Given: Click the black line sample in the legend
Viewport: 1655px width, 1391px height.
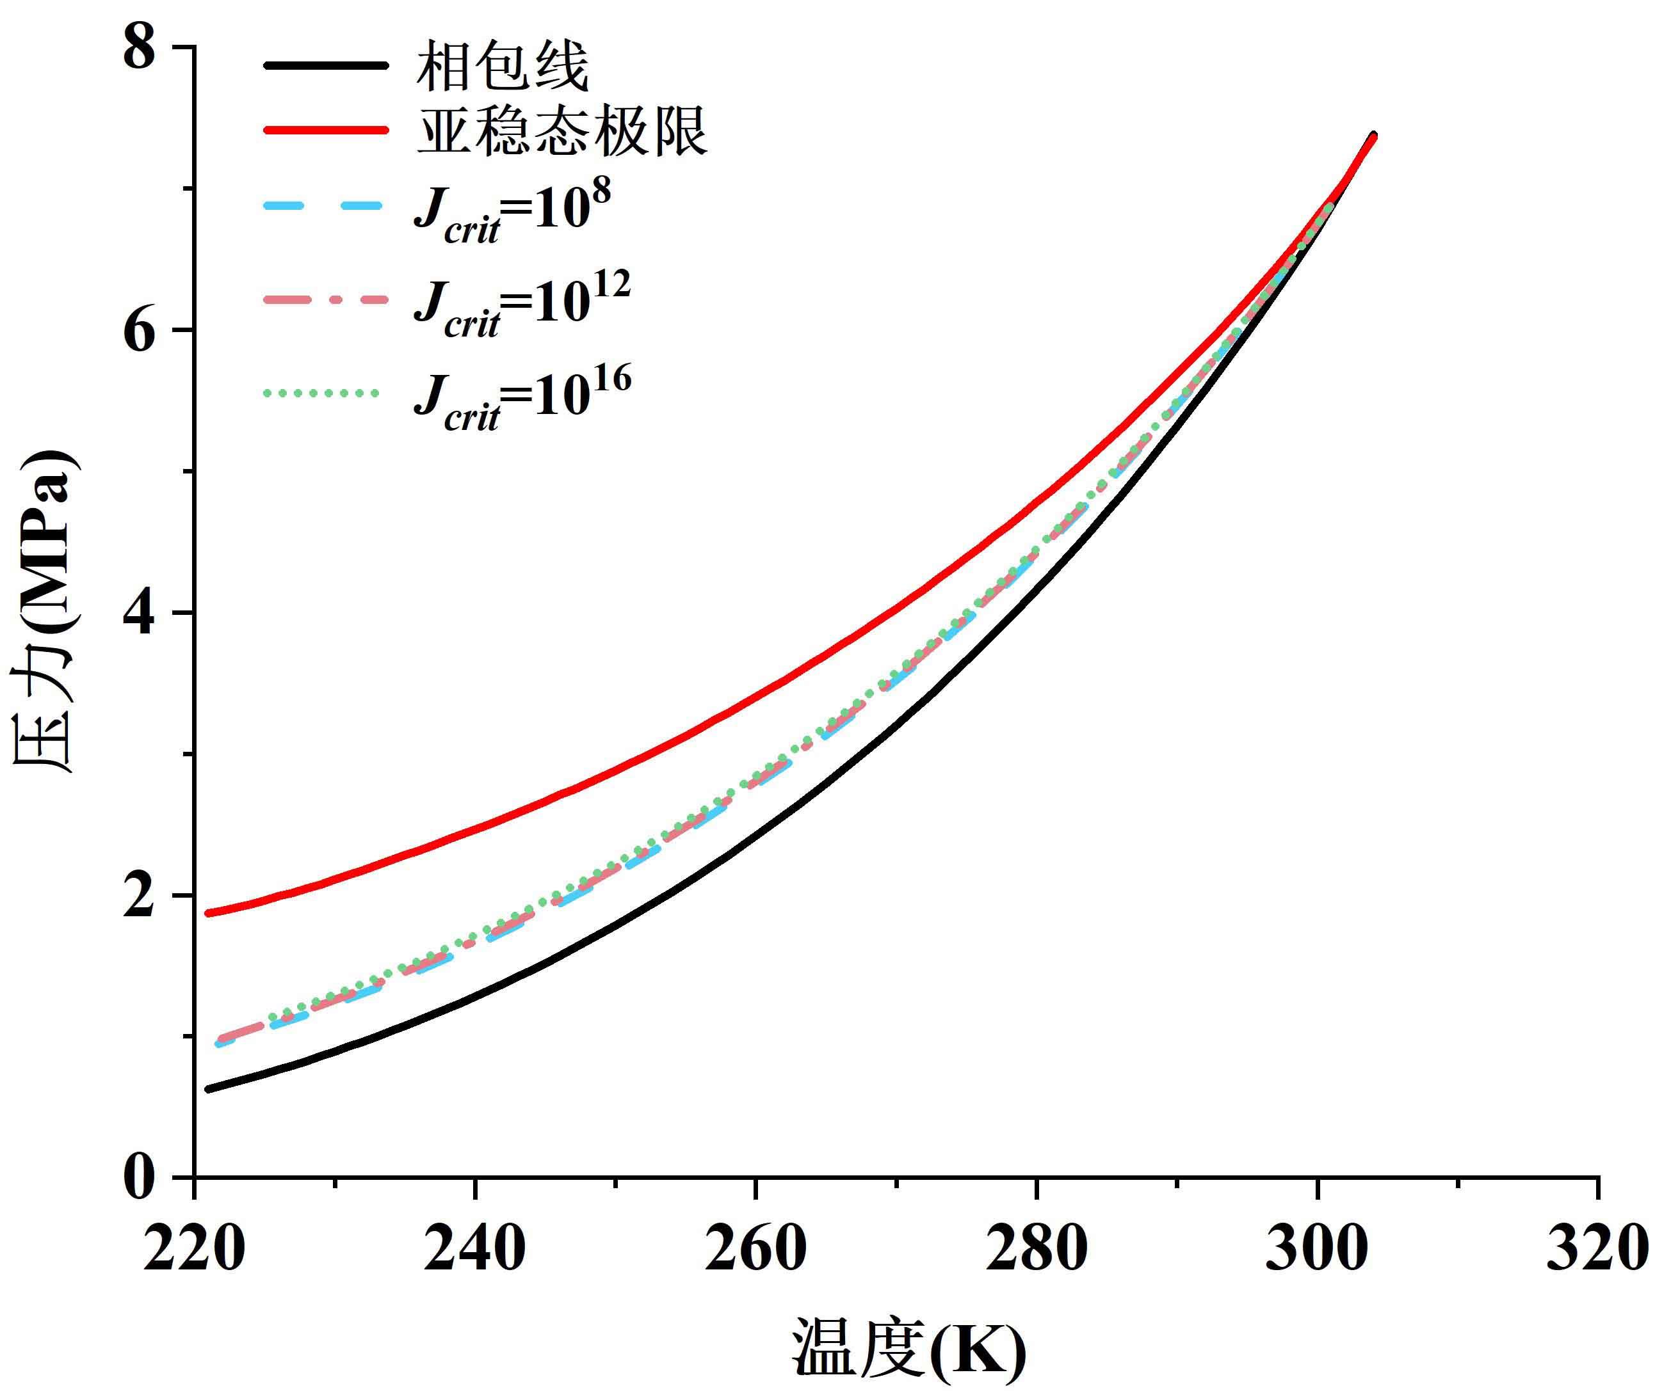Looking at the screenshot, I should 325,67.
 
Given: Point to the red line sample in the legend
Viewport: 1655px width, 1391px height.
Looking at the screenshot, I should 325,130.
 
